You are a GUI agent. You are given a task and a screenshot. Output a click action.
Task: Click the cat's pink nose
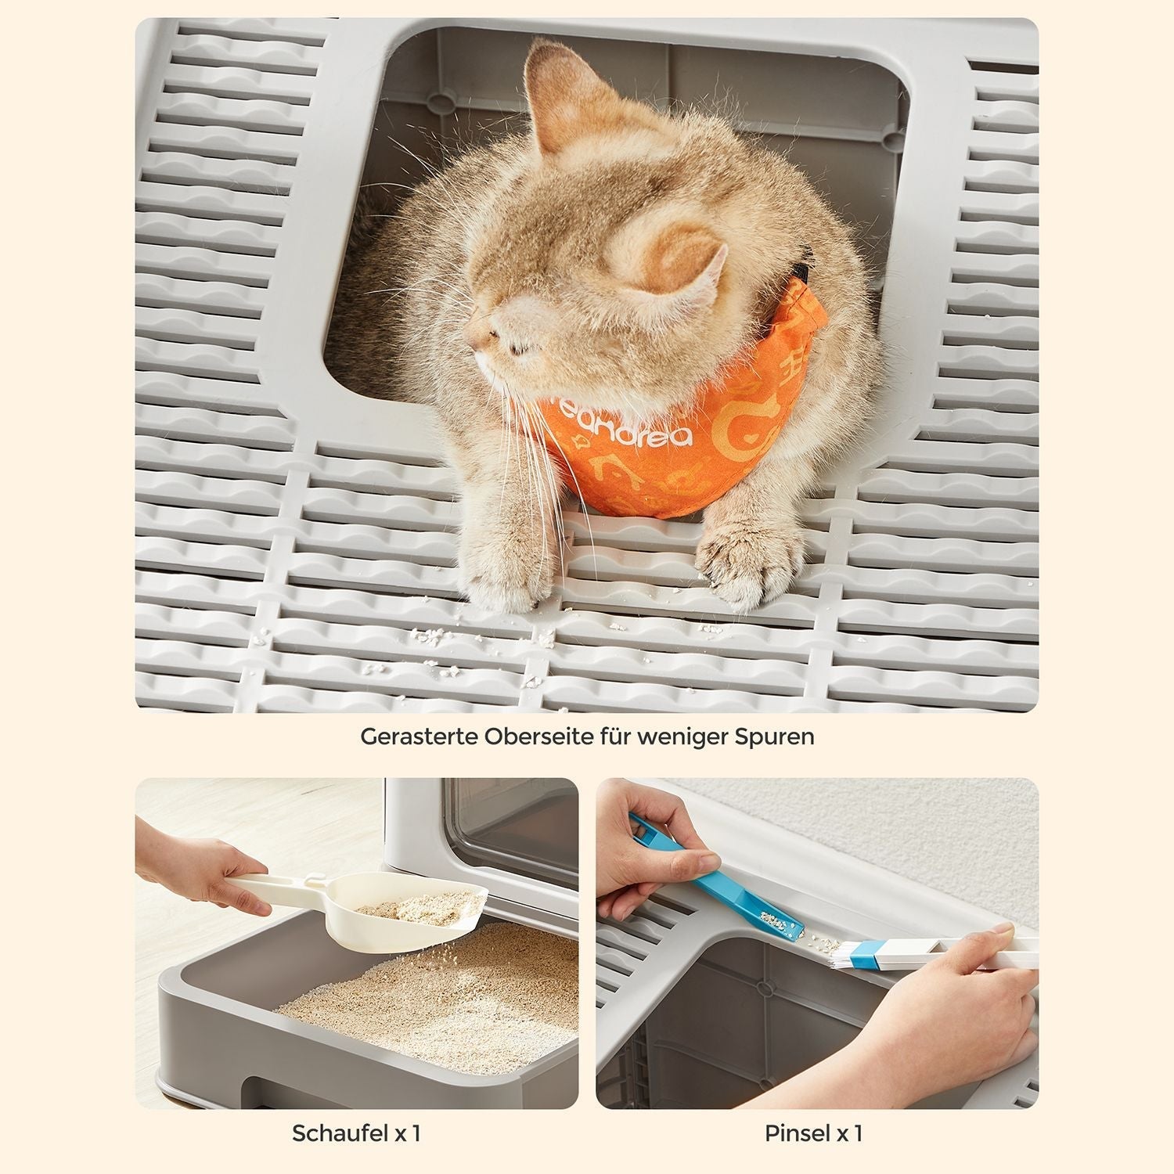[472, 342]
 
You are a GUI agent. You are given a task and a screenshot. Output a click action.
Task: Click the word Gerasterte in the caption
[419, 737]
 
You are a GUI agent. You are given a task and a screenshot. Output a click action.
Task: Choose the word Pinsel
[797, 1133]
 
